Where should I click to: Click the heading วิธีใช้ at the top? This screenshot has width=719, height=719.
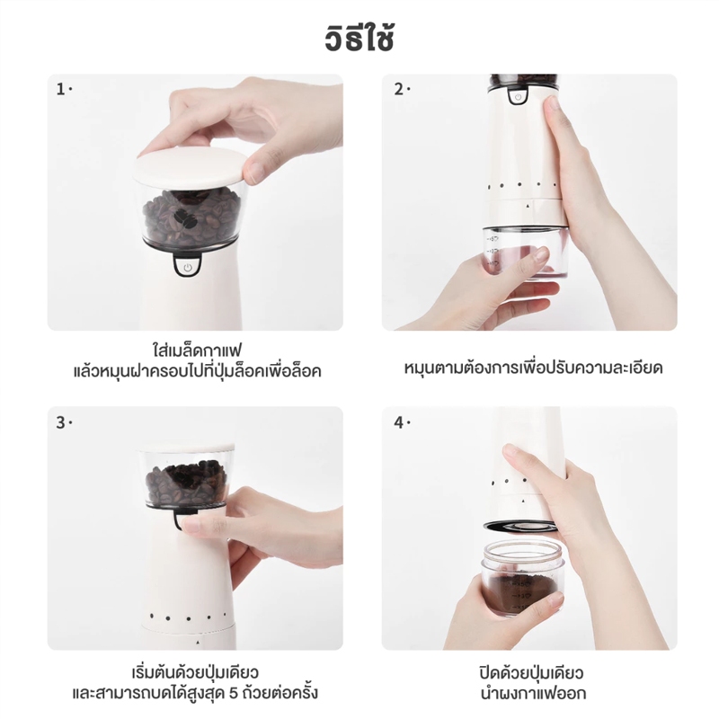[x=359, y=39]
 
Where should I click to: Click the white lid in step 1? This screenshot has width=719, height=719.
[x=191, y=167]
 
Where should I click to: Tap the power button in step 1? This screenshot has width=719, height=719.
[x=187, y=266]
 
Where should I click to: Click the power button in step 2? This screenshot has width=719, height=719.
[x=518, y=97]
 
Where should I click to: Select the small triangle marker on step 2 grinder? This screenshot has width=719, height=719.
[x=528, y=207]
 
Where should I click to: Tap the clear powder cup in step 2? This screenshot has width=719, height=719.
[x=526, y=252]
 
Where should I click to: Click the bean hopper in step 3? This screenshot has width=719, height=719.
[x=187, y=477]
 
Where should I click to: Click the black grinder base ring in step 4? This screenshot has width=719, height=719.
[x=521, y=526]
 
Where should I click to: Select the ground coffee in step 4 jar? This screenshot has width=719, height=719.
[x=520, y=591]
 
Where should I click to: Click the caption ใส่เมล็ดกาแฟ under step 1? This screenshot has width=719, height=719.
[x=196, y=351]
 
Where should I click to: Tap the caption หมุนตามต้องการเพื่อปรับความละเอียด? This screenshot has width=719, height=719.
[x=533, y=368]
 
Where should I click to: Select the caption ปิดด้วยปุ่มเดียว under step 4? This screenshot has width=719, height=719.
[x=531, y=673]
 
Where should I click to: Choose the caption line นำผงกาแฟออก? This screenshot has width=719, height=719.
[x=533, y=693]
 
